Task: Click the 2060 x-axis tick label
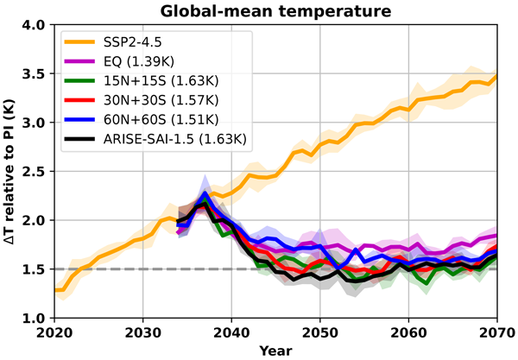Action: (x=406, y=333)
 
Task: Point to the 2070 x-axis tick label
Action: (x=494, y=333)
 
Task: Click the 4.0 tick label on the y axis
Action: (x=34, y=25)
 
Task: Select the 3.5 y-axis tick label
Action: (x=34, y=73)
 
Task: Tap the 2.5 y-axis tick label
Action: (x=34, y=171)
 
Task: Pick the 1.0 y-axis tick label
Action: (x=34, y=318)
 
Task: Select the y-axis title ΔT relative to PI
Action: (x=11, y=171)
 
